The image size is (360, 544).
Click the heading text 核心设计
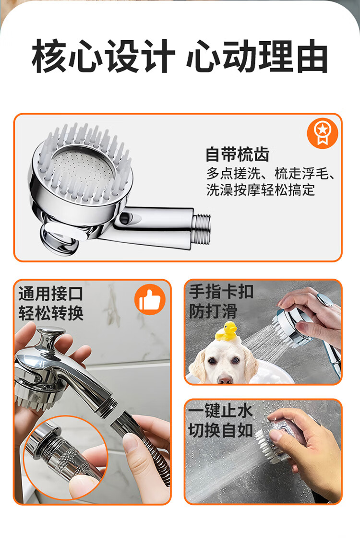[103, 56]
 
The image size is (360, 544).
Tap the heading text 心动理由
[257, 56]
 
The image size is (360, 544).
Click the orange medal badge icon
[323, 133]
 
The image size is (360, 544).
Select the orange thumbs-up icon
[150, 299]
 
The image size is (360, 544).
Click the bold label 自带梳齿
[238, 154]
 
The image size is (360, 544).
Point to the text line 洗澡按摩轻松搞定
[261, 190]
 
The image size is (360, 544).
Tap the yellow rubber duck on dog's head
[227, 331]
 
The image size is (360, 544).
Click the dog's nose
[225, 379]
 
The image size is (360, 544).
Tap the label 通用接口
[51, 294]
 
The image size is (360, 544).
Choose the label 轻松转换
[51, 313]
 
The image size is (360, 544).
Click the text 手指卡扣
[221, 292]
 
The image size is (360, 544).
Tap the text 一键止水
[220, 411]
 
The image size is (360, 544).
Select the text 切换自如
[220, 431]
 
